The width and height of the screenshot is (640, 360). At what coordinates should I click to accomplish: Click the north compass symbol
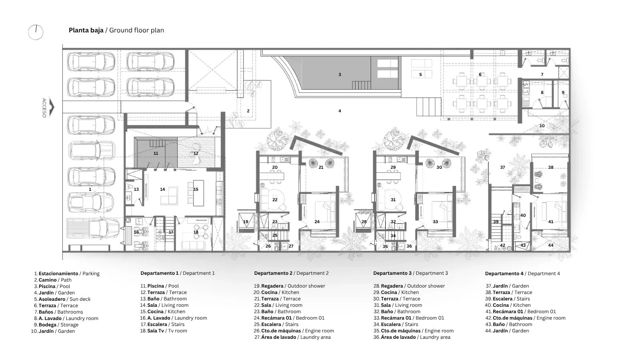point(36,32)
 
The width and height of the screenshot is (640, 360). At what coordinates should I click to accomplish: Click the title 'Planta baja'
point(86,30)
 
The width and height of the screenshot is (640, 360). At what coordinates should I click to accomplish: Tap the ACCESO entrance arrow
point(52,107)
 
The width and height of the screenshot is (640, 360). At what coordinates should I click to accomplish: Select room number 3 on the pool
point(340,74)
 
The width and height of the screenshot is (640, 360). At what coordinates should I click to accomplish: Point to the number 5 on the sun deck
point(420,74)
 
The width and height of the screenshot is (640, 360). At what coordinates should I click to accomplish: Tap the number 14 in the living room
point(162,189)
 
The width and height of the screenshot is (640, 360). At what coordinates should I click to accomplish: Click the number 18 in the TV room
point(196,232)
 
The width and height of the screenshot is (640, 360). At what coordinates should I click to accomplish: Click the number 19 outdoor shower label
point(246,222)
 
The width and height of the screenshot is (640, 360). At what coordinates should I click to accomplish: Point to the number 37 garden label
point(502,168)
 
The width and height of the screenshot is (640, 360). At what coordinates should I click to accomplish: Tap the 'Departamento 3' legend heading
point(392,273)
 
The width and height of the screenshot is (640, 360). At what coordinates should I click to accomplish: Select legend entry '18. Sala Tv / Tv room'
point(164,331)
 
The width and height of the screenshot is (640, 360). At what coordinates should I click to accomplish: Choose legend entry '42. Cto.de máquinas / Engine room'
point(526,318)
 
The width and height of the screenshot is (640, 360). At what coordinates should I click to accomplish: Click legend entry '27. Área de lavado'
point(292,337)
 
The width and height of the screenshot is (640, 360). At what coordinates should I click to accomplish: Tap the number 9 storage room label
point(563,92)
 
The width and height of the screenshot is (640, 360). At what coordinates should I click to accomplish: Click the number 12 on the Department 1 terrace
point(196,154)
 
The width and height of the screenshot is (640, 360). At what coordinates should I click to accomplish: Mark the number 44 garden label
point(550,245)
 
